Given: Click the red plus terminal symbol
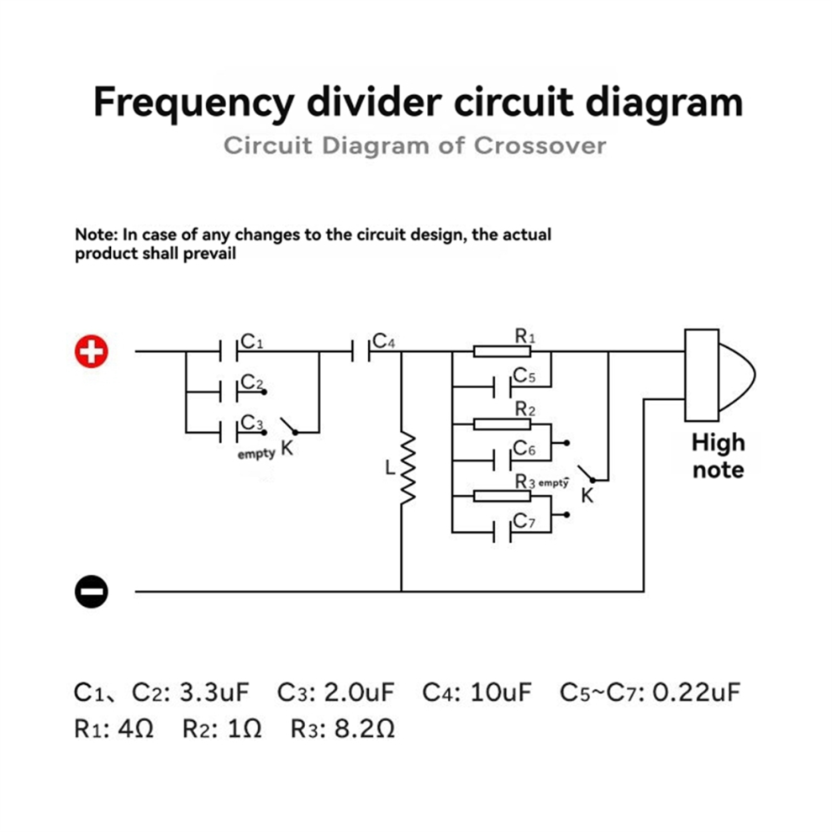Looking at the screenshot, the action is pos(92,350).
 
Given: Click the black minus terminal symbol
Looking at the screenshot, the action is pos(92,591).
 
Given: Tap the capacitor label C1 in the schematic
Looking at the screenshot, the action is pos(251,341).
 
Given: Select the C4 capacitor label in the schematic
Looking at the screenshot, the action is pos(383,340).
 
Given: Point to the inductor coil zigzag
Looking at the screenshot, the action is pos(407,467).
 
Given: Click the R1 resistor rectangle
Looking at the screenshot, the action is pos(502,351).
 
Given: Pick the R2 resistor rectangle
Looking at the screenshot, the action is pos(502,424).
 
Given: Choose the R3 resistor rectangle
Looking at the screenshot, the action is pos(502,496).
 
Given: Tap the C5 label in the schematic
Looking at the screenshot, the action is pos(524,376).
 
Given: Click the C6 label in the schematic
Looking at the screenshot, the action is pos(524,449).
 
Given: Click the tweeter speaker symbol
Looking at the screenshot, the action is pos(719,375).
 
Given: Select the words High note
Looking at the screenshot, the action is pos(719,455).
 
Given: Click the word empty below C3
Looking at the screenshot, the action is pos(256,454).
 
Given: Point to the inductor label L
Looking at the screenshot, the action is pos(390,467).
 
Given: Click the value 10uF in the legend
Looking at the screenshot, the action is pos(500,692).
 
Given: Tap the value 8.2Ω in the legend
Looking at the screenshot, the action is pos(365,729).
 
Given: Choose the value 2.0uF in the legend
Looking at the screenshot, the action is pos(359,692).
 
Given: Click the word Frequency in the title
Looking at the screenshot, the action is pos(193,103).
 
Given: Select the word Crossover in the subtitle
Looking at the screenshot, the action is pos(540,145).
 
